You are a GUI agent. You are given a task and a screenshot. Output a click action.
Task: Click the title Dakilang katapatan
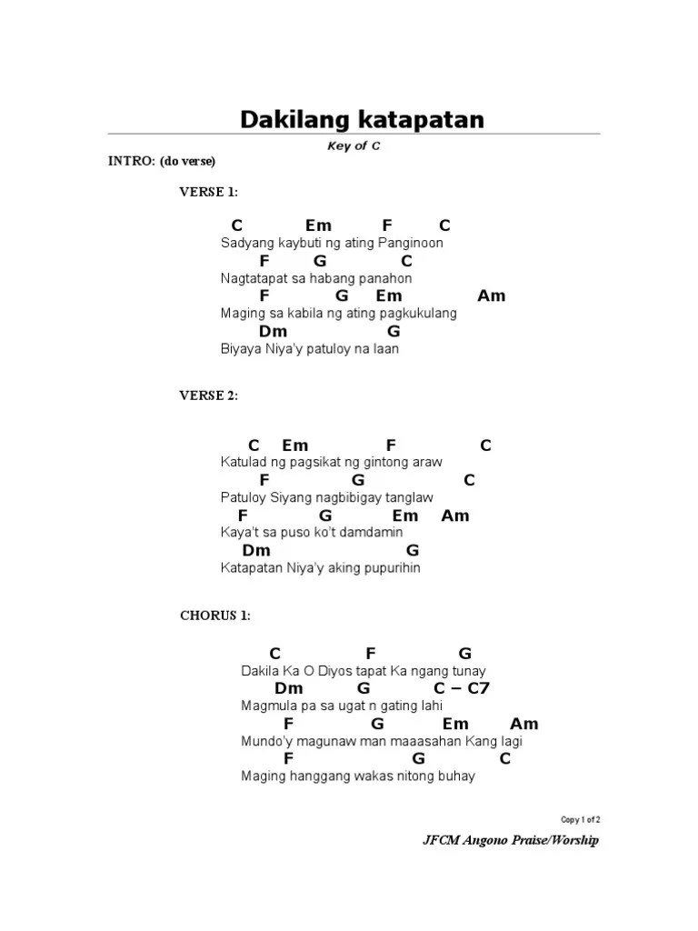(x=362, y=119)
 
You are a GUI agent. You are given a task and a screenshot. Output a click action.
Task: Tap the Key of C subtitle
(x=354, y=146)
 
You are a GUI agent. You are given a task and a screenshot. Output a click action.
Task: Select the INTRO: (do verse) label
(x=162, y=162)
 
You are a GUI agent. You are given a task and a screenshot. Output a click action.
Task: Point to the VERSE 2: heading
(x=208, y=395)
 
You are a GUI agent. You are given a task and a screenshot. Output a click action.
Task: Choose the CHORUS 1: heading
(x=214, y=616)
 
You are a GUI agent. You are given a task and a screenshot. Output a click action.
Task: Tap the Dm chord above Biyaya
(x=273, y=332)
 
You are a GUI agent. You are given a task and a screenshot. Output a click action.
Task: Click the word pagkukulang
(x=418, y=314)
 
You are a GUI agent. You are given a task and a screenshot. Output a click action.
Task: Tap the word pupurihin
(x=388, y=568)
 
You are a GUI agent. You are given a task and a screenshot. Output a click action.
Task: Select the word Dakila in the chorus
(x=262, y=671)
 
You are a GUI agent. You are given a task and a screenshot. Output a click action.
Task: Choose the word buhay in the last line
(x=456, y=776)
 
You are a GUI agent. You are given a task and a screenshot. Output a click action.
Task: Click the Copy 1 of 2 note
(x=580, y=819)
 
